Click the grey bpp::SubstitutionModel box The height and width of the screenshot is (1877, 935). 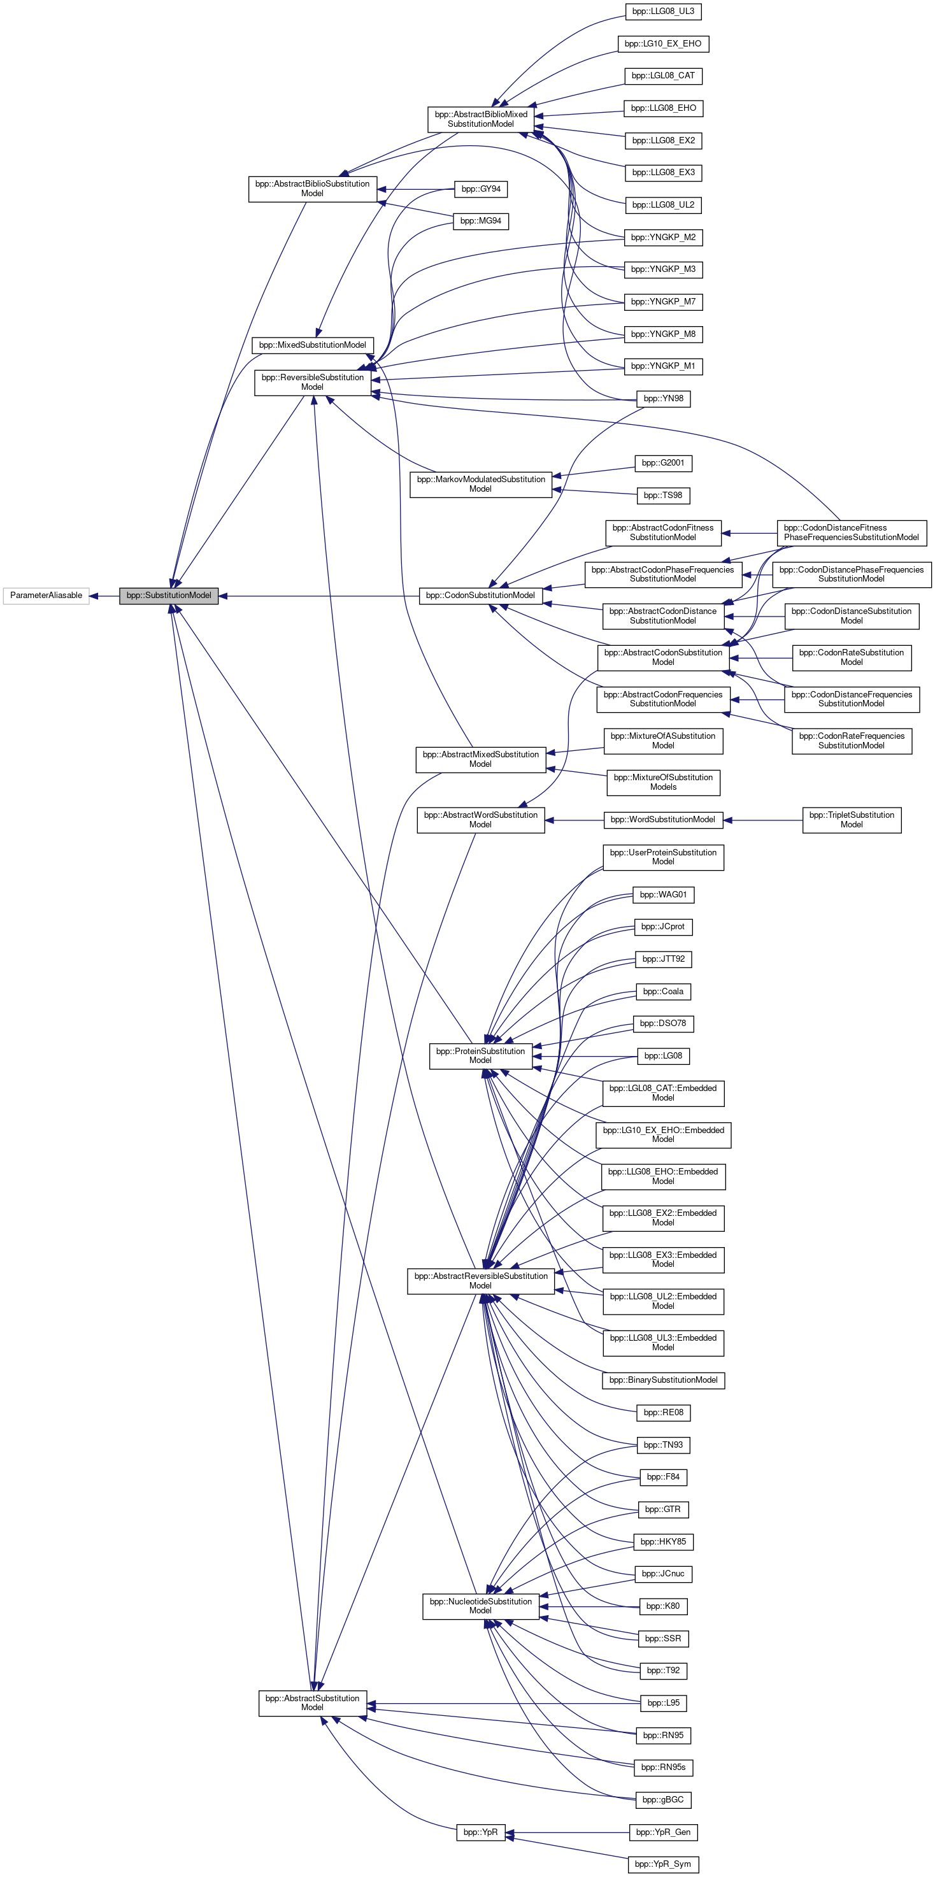click(x=168, y=596)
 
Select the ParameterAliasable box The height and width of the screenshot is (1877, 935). click(x=46, y=596)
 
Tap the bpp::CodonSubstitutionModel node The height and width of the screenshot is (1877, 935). click(x=480, y=596)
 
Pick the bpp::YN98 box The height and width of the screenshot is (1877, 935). click(x=663, y=399)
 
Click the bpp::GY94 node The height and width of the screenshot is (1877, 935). click(x=480, y=189)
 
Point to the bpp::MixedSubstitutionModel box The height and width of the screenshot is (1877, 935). click(x=312, y=345)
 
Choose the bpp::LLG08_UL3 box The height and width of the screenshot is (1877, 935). click(x=663, y=11)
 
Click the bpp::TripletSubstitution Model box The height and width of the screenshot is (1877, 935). click(x=851, y=820)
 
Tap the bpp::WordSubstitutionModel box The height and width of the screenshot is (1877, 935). click(x=663, y=820)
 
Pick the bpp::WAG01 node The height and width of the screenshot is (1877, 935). click(x=663, y=895)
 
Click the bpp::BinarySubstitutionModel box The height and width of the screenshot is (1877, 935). click(x=663, y=1380)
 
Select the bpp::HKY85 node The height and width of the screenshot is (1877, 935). click(x=663, y=1542)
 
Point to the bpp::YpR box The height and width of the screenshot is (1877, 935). click(x=480, y=1832)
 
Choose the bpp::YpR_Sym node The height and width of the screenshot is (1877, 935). click(x=663, y=1864)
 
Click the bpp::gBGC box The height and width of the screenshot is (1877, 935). click(x=663, y=1800)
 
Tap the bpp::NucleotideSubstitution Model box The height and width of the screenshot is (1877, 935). click(x=480, y=1606)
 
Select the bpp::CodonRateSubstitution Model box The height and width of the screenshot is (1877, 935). click(x=851, y=657)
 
